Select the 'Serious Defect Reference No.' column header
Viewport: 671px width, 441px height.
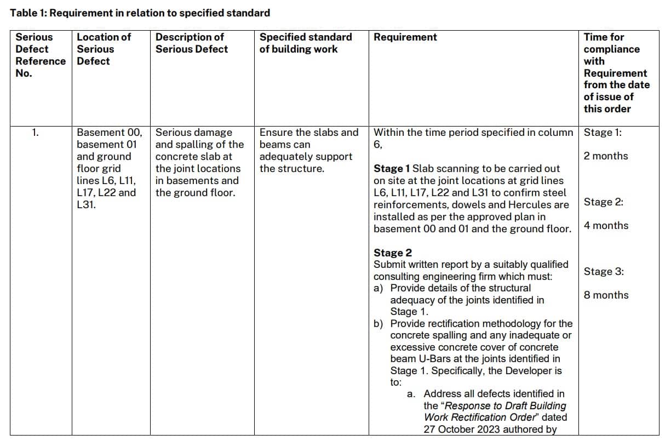pyautogui.click(x=40, y=55)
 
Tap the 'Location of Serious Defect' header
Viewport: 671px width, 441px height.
pyautogui.click(x=104, y=49)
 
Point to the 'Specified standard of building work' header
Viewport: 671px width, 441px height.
pyautogui.click(x=306, y=43)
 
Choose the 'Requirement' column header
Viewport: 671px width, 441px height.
pyautogui.click(x=405, y=37)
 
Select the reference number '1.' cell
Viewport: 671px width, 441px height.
pyautogui.click(x=36, y=133)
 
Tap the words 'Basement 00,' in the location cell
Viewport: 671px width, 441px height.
pyautogui.click(x=109, y=133)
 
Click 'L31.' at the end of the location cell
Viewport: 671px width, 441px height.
pyautogui.click(x=87, y=205)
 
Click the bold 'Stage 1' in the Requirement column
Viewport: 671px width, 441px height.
pyautogui.click(x=392, y=169)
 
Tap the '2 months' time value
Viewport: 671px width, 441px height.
pyautogui.click(x=606, y=156)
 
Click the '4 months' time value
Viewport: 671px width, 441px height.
pyautogui.click(x=606, y=226)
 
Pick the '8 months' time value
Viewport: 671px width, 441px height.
pyautogui.click(x=606, y=295)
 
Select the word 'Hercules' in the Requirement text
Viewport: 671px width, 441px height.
pyautogui.click(x=549, y=205)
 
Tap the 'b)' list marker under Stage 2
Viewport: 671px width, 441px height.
pyautogui.click(x=378, y=324)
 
